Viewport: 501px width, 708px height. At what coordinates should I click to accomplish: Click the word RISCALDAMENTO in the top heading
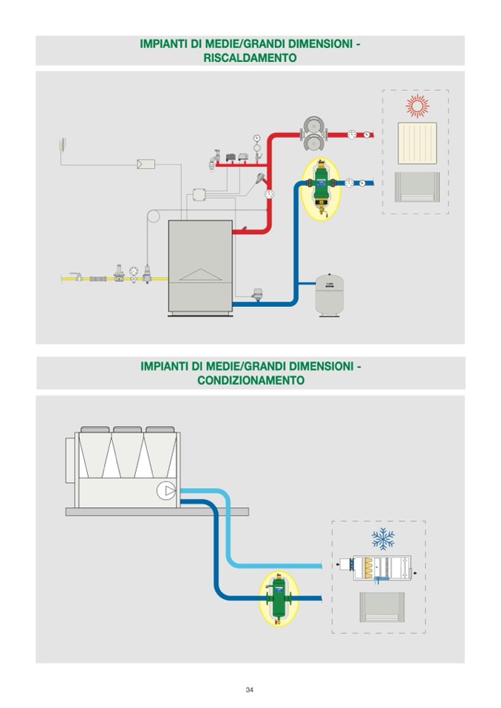tap(250, 58)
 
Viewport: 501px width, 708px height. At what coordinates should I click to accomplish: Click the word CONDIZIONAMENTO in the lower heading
tap(250, 380)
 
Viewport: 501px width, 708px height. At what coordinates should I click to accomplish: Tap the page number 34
tap(250, 690)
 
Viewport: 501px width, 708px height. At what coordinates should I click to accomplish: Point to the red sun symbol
tap(417, 106)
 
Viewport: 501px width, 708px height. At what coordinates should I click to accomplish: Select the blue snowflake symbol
tap(382, 539)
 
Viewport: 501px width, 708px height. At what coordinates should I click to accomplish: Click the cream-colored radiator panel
tap(418, 143)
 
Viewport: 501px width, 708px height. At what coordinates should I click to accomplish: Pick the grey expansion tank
tap(329, 295)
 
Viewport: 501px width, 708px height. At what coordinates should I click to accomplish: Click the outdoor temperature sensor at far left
tap(61, 142)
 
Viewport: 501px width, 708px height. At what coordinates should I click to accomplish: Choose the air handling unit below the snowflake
tap(382, 567)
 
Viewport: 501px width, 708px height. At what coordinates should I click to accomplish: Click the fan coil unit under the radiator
tap(417, 186)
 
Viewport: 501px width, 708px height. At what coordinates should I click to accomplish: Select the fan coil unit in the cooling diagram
tap(382, 608)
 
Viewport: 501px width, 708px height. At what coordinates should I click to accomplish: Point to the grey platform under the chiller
tap(157, 511)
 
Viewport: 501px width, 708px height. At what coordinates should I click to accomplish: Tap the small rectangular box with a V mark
tap(146, 164)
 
